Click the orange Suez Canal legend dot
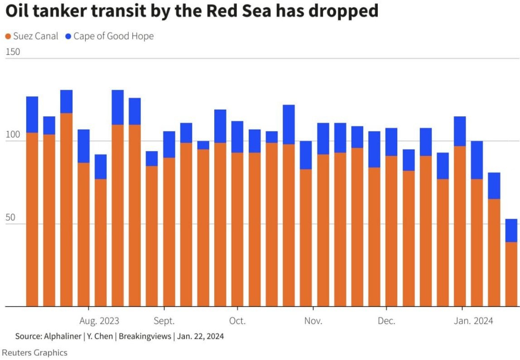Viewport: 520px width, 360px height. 8,36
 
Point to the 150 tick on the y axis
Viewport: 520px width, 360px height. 13,52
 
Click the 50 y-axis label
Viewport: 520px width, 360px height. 11,218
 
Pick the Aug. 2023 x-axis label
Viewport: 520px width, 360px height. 99,321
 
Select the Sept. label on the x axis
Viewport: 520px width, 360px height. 164,321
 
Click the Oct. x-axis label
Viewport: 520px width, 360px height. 237,321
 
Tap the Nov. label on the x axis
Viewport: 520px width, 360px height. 313,321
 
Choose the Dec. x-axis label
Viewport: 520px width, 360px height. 386,321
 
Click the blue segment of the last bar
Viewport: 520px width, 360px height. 511,230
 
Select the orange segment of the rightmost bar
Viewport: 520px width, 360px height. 511,274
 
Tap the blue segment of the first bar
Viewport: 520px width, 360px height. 32,114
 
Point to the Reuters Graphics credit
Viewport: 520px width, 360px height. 35,353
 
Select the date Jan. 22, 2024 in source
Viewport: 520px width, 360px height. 200,336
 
